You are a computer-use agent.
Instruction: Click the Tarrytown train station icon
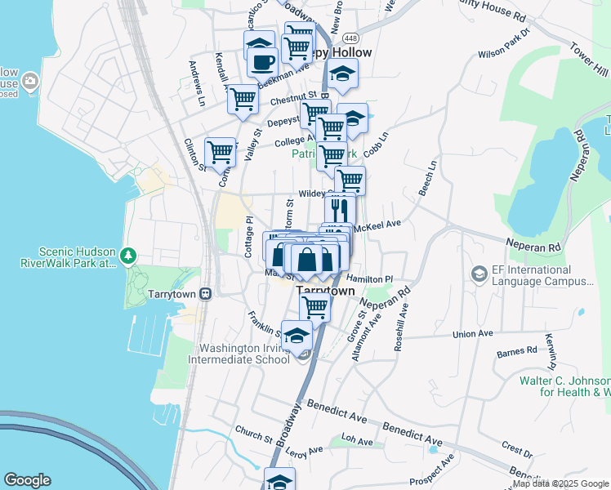(206, 292)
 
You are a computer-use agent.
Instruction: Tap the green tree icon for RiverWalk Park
(127, 256)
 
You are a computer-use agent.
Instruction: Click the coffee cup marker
(262, 61)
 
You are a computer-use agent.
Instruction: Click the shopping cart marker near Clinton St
(220, 152)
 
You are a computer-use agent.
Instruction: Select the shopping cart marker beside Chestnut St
(243, 100)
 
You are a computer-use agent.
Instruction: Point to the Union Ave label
(475, 334)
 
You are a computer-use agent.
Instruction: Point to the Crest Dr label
(516, 449)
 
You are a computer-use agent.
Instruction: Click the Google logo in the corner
(27, 480)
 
